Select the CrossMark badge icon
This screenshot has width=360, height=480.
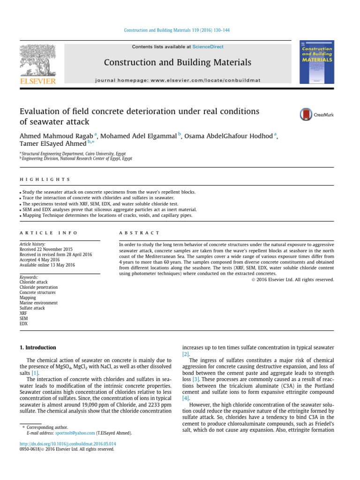pos(316,114)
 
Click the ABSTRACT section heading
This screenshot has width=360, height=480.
pos(139,232)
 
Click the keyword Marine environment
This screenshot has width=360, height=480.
pos(38,303)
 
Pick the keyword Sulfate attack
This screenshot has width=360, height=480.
pos(32,308)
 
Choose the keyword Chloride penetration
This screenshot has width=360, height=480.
pos(38,287)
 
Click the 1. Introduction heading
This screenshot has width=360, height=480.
pos(37,347)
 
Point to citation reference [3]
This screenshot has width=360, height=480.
pos(196,379)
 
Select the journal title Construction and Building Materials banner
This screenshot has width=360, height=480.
pos(177,62)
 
